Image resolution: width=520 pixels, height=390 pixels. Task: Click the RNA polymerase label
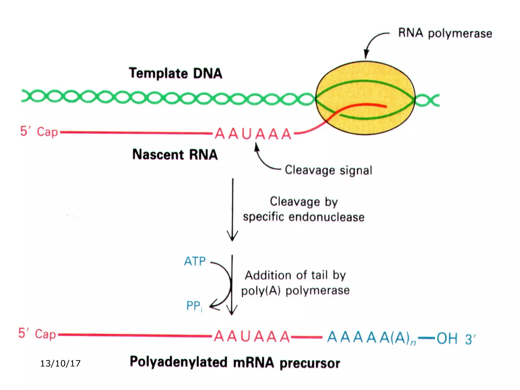pyautogui.click(x=445, y=33)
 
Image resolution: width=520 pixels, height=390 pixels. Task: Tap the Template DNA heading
pyautogui.click(x=175, y=73)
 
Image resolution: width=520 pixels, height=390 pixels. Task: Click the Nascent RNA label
pyautogui.click(x=175, y=154)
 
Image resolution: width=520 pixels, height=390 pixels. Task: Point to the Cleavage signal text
pyautogui.click(x=328, y=170)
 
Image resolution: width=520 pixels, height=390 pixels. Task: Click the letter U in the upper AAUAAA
pyautogui.click(x=247, y=134)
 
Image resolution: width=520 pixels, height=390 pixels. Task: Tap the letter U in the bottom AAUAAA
pyautogui.click(x=245, y=337)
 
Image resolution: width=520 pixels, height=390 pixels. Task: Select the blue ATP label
pyautogui.click(x=195, y=261)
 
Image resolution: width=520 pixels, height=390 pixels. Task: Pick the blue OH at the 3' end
pyautogui.click(x=447, y=338)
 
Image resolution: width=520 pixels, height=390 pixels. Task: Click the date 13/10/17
pyautogui.click(x=60, y=363)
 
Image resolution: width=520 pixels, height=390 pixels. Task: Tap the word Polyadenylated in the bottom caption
pyautogui.click(x=178, y=362)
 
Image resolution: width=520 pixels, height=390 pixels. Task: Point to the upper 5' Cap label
pyautogui.click(x=39, y=132)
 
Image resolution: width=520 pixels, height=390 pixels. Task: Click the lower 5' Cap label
pyautogui.click(x=37, y=334)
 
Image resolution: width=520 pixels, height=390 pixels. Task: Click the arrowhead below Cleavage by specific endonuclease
pyautogui.click(x=232, y=237)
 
